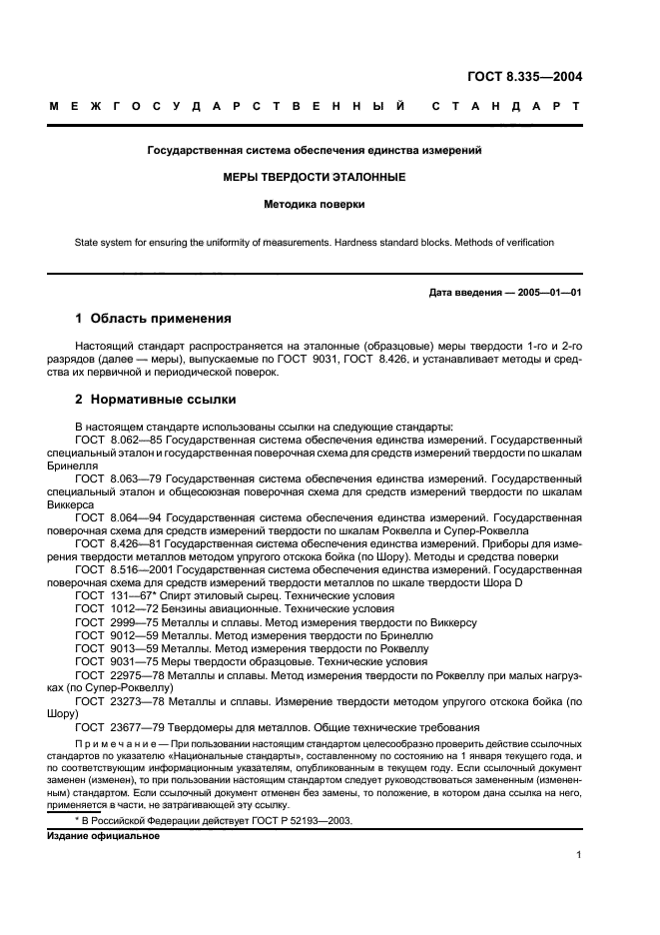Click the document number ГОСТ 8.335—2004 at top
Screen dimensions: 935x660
pos(525,75)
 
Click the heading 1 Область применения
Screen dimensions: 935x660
pos(154,319)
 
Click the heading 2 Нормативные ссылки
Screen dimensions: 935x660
pos(156,400)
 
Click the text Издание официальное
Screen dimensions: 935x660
pos(103,835)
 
